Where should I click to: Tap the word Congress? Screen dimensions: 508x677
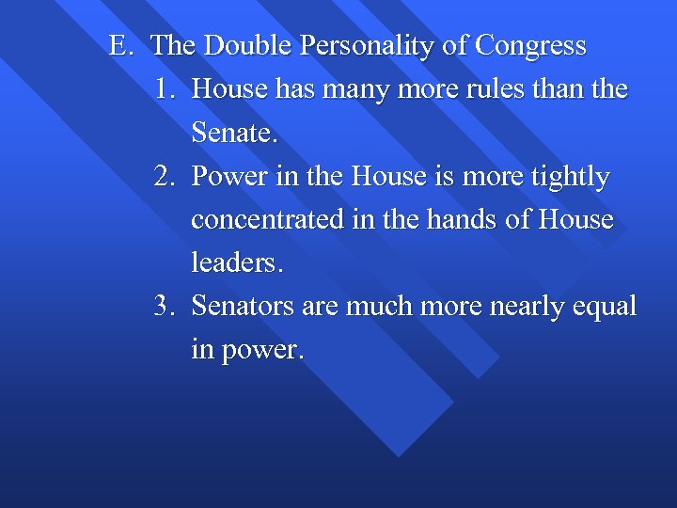(531, 45)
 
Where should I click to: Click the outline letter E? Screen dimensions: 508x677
(119, 45)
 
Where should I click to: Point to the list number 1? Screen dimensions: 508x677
(165, 89)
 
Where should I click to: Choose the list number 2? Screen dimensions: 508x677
(165, 177)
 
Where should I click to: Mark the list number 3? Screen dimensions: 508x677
(165, 307)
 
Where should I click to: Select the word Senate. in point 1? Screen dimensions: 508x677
(235, 133)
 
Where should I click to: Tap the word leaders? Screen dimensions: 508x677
(236, 263)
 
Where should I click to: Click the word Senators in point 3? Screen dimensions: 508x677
(245, 307)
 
